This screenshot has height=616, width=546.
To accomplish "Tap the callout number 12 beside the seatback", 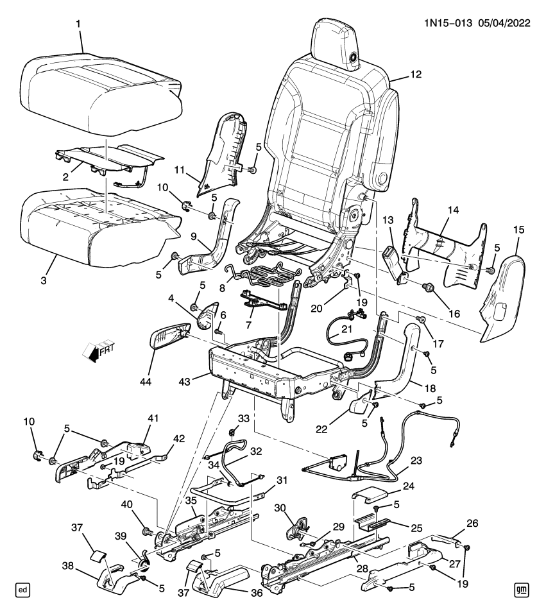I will [416, 74].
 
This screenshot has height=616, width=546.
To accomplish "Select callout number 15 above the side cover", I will [518, 230].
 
